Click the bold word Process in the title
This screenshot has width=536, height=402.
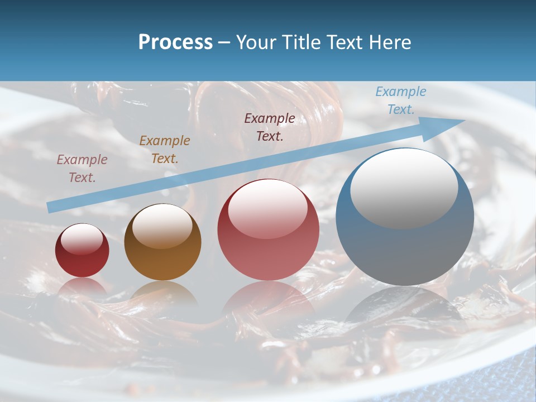(x=175, y=42)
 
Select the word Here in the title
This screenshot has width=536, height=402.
(x=390, y=42)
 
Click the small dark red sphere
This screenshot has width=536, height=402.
(x=82, y=251)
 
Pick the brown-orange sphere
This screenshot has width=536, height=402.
(x=162, y=242)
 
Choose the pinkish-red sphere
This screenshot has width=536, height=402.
(x=268, y=230)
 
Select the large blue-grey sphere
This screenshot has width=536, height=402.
(x=405, y=218)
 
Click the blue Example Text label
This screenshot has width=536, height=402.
(x=400, y=100)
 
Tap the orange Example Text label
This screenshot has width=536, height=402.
(x=164, y=150)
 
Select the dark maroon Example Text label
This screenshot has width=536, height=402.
(x=270, y=127)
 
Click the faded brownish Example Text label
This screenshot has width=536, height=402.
(x=82, y=168)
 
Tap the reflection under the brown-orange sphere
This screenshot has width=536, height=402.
(x=162, y=293)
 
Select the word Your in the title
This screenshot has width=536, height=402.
(x=256, y=42)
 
